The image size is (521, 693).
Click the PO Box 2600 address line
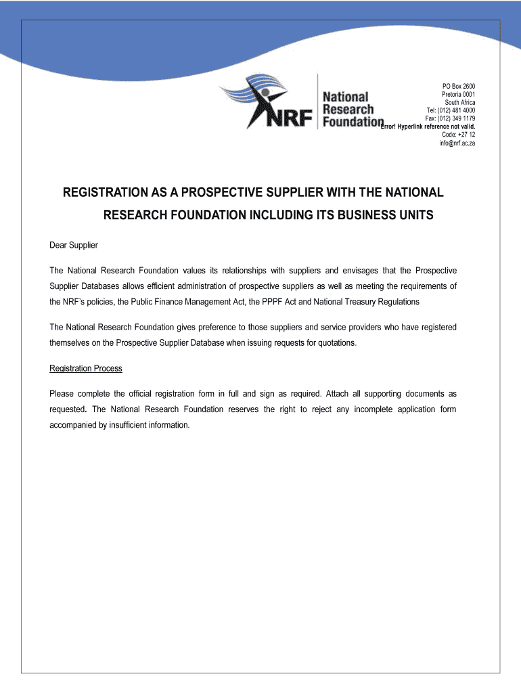point(459,87)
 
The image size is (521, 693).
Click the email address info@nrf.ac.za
point(457,143)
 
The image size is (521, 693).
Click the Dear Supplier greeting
point(74,244)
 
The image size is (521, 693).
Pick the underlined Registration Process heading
point(86,368)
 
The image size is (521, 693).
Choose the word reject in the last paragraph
point(340,409)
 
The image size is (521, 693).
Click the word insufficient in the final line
point(131,425)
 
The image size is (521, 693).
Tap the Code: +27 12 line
point(458,135)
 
